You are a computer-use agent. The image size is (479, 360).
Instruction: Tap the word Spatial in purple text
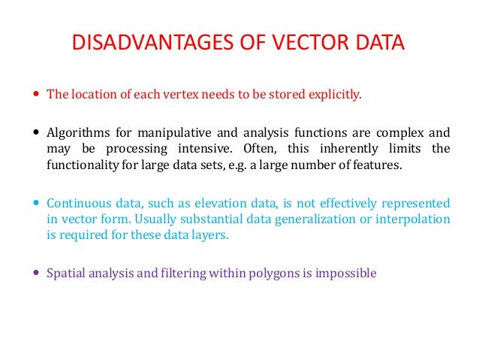pos(66,274)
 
